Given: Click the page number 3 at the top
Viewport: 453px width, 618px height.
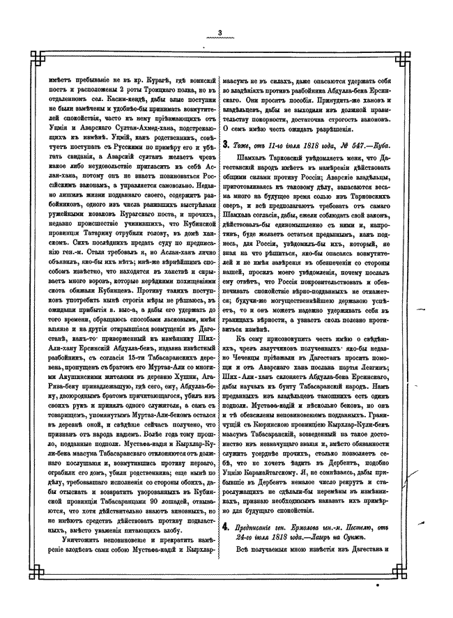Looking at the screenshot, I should [219, 33].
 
